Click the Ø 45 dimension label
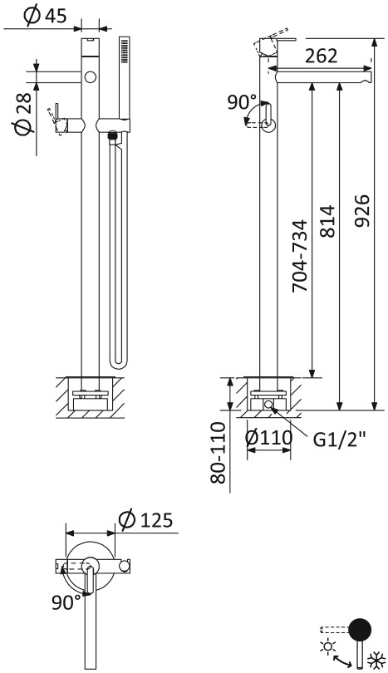(46, 16)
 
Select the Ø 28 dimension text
(22, 114)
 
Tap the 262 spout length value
(322, 56)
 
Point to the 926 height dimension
(362, 210)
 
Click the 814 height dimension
(327, 222)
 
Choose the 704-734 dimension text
(300, 256)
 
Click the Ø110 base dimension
(268, 438)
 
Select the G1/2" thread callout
(339, 439)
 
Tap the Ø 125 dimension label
(145, 519)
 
